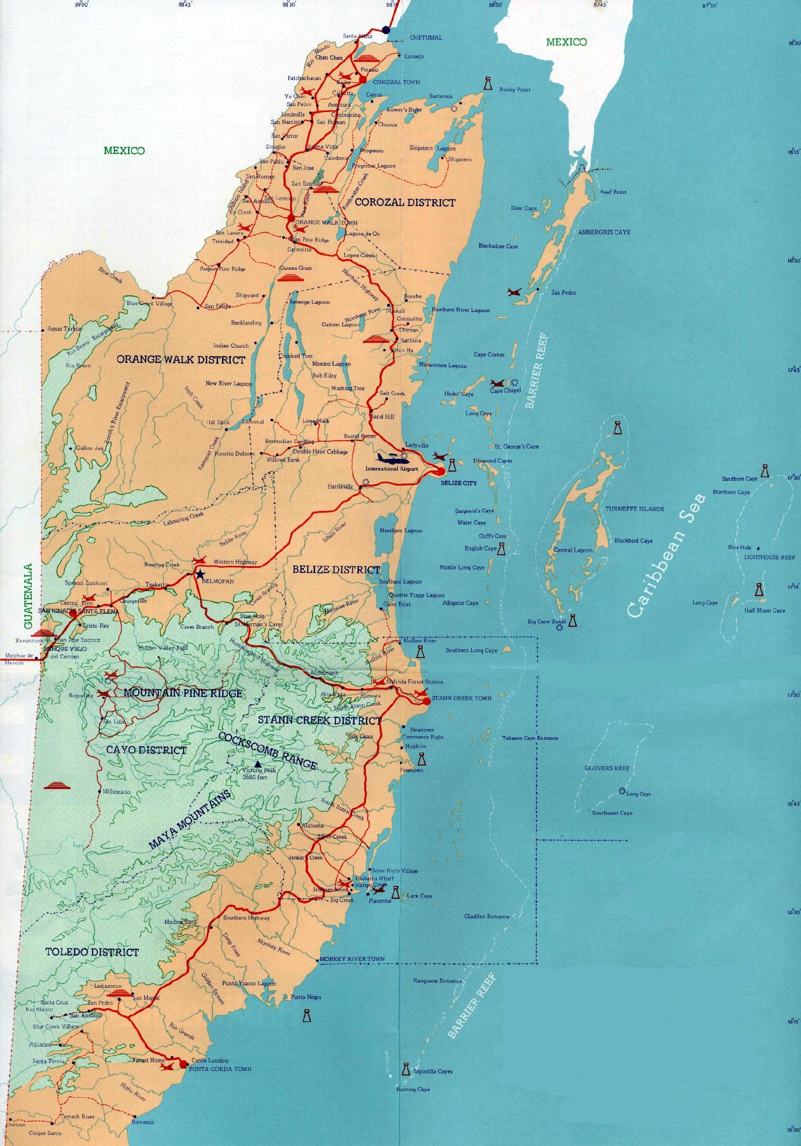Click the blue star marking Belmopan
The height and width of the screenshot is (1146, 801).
tap(200, 574)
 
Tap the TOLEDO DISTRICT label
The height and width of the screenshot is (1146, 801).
tap(92, 952)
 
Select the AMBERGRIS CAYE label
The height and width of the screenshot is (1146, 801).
tap(604, 232)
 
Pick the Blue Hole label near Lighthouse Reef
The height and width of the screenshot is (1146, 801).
tap(740, 547)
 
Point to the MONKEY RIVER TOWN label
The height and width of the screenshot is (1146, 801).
tap(353, 959)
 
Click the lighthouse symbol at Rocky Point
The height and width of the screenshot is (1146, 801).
tap(487, 84)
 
